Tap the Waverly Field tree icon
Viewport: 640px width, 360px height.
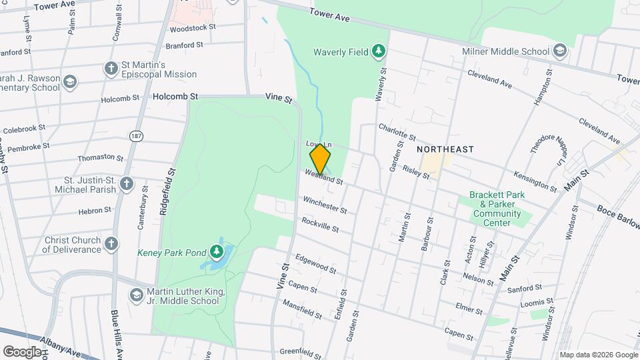click(379, 50)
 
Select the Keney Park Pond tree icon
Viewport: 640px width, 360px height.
click(216, 252)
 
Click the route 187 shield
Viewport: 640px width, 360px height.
click(137, 136)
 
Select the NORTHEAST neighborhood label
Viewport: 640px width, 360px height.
click(445, 149)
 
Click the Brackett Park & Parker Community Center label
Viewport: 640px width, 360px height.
click(495, 205)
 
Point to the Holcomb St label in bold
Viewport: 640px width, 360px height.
click(175, 96)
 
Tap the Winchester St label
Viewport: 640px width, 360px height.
click(325, 205)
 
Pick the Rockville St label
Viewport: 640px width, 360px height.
click(320, 225)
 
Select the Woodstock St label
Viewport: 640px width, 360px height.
click(193, 28)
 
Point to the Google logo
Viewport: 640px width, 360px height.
click(23, 351)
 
